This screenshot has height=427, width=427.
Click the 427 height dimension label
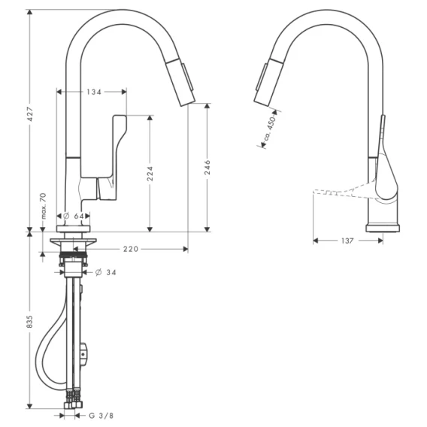30,114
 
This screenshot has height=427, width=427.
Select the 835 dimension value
30,321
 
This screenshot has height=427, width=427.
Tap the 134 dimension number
94,92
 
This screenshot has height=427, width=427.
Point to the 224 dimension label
150,174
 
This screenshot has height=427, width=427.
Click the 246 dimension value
207,167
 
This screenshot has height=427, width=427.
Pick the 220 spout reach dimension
131,249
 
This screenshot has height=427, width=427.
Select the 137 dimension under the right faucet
347,241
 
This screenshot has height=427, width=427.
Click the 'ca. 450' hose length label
271,128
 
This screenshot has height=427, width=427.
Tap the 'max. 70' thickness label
44,206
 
